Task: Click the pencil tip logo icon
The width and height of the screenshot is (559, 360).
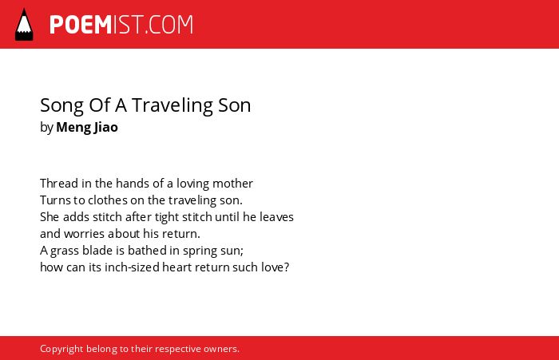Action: [24, 25]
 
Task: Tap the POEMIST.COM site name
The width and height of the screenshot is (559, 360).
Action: [121, 25]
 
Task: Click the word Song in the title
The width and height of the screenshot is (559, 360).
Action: [61, 105]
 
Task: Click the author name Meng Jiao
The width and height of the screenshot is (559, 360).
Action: [87, 127]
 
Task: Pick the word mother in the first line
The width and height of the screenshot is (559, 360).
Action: [232, 184]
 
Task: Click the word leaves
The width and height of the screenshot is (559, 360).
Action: [276, 216]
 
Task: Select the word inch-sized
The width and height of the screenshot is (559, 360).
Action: [132, 267]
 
